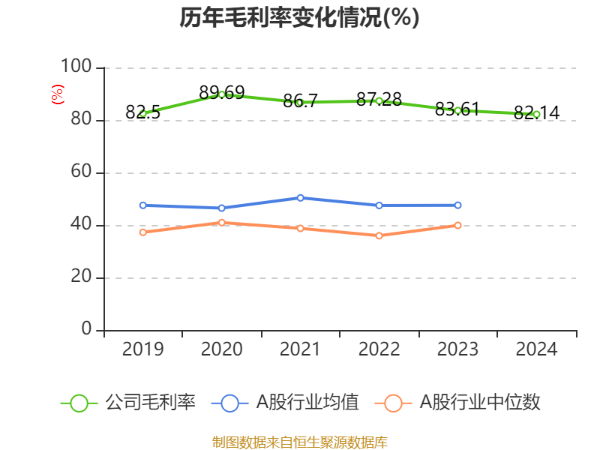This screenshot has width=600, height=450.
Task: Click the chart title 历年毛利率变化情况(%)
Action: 299,18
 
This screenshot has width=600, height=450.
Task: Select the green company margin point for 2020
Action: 221,94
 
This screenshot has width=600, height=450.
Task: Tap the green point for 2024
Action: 536,114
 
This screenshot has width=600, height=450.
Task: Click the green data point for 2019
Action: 142,114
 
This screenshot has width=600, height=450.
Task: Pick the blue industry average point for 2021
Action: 300,197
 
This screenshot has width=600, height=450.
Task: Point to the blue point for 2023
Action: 457,205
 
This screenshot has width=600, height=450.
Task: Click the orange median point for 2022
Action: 379,235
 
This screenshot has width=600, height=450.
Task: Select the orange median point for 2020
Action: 221,222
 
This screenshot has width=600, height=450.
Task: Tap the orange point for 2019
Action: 142,232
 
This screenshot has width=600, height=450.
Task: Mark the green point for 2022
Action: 379,100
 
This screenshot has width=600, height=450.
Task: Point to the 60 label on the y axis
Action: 81,172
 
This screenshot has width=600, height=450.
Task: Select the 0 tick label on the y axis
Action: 87,330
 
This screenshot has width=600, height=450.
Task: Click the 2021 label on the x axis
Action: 300,349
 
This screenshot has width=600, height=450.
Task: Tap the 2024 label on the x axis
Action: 536,349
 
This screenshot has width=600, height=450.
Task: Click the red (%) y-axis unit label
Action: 57,94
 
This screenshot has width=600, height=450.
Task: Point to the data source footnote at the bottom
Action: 299,442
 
